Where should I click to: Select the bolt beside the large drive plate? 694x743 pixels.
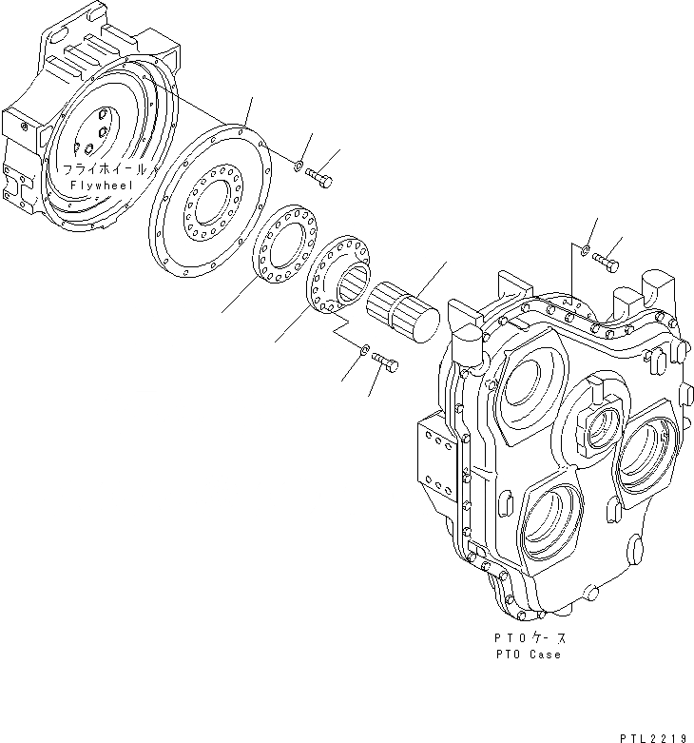[319, 177]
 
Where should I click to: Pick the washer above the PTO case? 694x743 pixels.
[587, 253]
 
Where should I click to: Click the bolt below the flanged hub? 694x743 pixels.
[386, 362]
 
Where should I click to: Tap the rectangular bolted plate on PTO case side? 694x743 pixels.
[434, 464]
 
